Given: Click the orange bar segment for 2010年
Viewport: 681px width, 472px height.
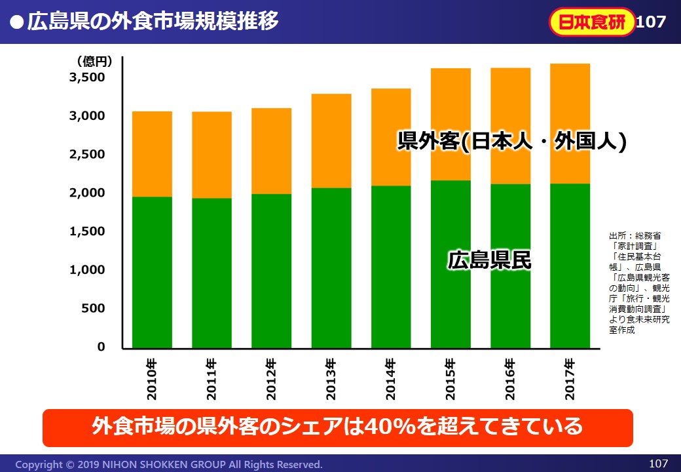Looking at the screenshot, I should click(152, 154).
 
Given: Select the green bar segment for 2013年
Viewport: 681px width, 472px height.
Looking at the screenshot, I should click(331, 267).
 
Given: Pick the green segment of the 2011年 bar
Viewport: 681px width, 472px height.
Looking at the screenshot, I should click(212, 273).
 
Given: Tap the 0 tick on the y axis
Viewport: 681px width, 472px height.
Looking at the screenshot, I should click(101, 347).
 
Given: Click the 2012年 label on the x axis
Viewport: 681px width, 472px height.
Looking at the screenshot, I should click(271, 380).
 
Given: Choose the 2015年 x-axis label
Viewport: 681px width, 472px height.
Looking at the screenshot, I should click(451, 380).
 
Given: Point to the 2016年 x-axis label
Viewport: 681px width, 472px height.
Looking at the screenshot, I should click(510, 380).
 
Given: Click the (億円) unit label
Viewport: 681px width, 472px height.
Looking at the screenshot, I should click(94, 62).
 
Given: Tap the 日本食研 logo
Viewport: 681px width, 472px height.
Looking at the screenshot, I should click(591, 22).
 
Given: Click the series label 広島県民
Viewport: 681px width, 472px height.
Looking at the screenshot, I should click(489, 260).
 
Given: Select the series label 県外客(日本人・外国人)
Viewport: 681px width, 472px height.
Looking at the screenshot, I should click(511, 142).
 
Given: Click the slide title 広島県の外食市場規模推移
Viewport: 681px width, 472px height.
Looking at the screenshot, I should click(153, 21).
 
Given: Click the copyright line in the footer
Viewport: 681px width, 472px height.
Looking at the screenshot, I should click(169, 464).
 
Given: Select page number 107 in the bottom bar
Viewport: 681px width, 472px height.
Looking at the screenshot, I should click(657, 463).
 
